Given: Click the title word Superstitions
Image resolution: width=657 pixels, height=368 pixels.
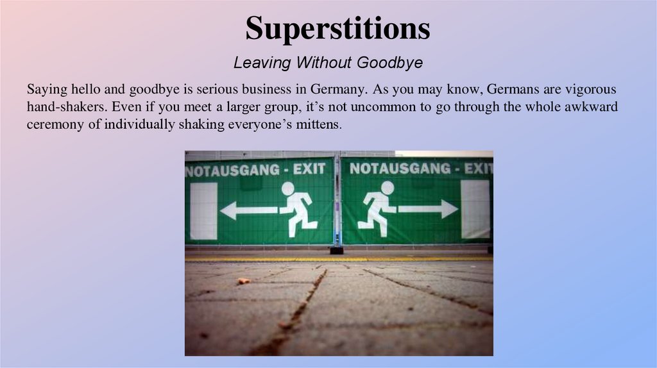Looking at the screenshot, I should coord(337,28).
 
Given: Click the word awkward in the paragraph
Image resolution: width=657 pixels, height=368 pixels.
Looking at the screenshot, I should coord(591,107).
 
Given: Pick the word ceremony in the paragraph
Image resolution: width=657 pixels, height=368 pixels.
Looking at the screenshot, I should coord(55,124).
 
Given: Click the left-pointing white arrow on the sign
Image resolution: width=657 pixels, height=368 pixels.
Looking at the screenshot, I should coord(248,210).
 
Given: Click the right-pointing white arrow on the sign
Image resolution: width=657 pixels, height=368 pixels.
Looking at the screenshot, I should coord(427,208).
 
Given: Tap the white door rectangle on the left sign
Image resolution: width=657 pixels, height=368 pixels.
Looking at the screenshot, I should coord(203,211).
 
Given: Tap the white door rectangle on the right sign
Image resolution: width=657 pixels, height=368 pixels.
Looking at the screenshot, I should coord(475,209).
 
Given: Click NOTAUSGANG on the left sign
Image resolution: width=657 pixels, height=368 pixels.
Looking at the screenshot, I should coord(232,170).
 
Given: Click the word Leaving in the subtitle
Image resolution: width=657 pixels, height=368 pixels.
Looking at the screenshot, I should coord(259,63).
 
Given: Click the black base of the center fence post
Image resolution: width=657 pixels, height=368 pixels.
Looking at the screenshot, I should coord(337,250).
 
